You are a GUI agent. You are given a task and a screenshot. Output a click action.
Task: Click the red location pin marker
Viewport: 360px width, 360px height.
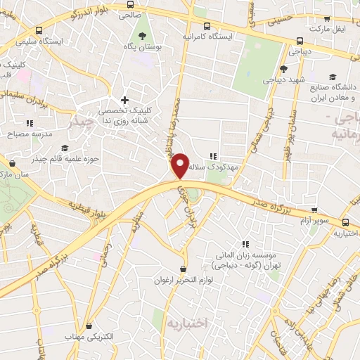(x=181, y=165)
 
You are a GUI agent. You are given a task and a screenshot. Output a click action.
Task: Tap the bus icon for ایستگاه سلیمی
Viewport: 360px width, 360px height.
(x=38, y=30)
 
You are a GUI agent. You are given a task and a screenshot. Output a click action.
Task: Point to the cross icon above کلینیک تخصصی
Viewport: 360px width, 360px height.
(x=125, y=101)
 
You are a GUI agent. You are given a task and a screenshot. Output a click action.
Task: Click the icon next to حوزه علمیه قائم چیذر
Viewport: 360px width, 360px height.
(x=65, y=148)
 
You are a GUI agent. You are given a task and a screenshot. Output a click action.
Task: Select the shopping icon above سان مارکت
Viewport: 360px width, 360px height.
(x=12, y=164)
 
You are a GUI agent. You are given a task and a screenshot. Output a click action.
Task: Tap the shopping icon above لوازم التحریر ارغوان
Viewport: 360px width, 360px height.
(x=184, y=269)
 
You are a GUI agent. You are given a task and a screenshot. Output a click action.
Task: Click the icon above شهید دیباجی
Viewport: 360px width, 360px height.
(x=283, y=69)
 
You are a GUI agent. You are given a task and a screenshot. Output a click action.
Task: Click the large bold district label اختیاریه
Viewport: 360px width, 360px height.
(x=188, y=323)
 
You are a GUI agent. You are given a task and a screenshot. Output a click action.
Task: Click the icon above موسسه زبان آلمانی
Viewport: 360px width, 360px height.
(x=245, y=243)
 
